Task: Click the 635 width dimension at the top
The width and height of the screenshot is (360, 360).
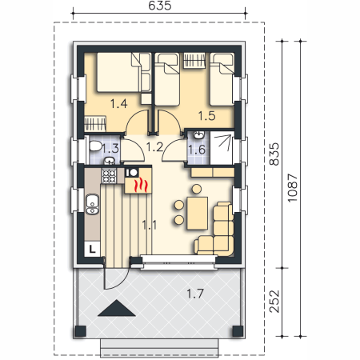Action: pyautogui.click(x=159, y=6)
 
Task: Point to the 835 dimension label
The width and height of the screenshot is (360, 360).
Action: pyautogui.click(x=274, y=154)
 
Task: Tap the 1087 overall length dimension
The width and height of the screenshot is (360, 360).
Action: pyautogui.click(x=292, y=188)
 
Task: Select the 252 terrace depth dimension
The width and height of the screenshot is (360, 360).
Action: pyautogui.click(x=274, y=302)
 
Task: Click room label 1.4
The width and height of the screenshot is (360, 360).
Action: pyautogui.click(x=118, y=103)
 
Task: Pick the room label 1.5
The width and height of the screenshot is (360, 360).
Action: pyautogui.click(x=206, y=116)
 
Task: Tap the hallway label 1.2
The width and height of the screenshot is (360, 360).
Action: pyautogui.click(x=154, y=146)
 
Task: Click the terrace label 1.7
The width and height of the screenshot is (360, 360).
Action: pyautogui.click(x=195, y=294)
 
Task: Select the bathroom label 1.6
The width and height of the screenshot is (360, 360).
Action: pyautogui.click(x=197, y=150)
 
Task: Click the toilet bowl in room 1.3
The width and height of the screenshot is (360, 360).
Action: pyautogui.click(x=95, y=146)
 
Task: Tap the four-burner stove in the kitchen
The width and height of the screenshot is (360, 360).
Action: pyautogui.click(x=109, y=176)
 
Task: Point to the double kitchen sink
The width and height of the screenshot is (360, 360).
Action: pyautogui.click(x=92, y=204)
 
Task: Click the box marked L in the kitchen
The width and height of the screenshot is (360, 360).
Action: pyautogui.click(x=92, y=250)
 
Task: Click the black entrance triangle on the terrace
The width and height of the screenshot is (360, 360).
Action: pyautogui.click(x=117, y=308)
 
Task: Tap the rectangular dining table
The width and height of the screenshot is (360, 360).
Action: pyautogui.click(x=198, y=214)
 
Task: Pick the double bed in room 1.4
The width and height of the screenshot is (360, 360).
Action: pyautogui.click(x=118, y=72)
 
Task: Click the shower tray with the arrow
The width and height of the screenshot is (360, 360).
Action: pyautogui.click(x=222, y=148)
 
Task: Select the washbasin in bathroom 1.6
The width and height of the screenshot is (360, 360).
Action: pyautogui.click(x=198, y=135)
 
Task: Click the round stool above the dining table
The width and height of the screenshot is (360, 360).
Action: pyautogui.click(x=197, y=189)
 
